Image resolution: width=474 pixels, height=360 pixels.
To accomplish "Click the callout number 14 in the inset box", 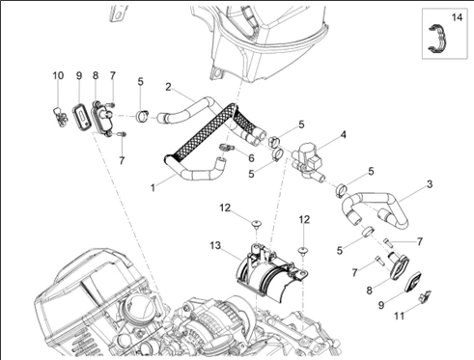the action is click(457, 17).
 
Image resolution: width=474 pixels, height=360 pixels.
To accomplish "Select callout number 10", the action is click(58, 75).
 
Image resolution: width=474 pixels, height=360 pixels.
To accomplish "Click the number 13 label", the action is click(215, 245).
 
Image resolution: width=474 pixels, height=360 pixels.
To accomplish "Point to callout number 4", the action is click(344, 135).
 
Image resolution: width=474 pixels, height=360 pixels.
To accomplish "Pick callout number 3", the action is click(430, 184).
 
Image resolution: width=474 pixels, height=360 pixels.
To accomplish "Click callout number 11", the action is click(399, 317).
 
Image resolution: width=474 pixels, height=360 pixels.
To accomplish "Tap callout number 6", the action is click(251, 158).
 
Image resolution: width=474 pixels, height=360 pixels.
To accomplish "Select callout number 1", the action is click(153, 187).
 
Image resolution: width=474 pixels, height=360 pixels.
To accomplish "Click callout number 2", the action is click(168, 87).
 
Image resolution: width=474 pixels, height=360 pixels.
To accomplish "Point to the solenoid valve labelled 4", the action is click(308, 157).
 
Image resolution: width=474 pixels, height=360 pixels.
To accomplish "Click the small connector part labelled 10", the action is click(60, 116).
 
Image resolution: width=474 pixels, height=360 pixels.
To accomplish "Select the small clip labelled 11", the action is click(425, 296).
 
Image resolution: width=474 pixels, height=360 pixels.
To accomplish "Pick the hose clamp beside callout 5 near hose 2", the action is click(142, 116).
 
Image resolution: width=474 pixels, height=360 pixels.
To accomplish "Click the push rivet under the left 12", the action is click(257, 224).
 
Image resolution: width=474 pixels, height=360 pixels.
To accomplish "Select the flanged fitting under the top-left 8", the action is click(101, 118).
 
